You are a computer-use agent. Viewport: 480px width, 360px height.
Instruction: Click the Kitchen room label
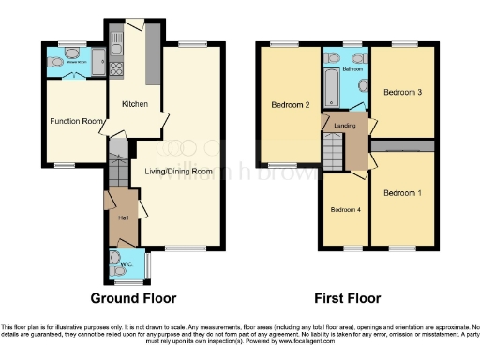pos(134,105)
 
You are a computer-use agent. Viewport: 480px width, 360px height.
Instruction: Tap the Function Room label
pos(76,122)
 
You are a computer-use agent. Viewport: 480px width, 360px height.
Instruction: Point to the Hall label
pos(123,217)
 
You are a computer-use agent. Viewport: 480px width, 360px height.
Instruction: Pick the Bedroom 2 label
pos(291,104)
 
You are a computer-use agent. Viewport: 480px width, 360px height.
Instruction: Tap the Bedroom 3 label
pos(403,92)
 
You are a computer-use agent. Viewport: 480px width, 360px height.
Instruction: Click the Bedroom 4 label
pos(343,209)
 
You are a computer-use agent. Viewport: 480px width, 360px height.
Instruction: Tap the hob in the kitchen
pos(117,67)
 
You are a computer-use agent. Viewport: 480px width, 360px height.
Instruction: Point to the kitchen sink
pos(116,41)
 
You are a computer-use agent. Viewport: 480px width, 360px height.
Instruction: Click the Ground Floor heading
pos(134,298)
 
